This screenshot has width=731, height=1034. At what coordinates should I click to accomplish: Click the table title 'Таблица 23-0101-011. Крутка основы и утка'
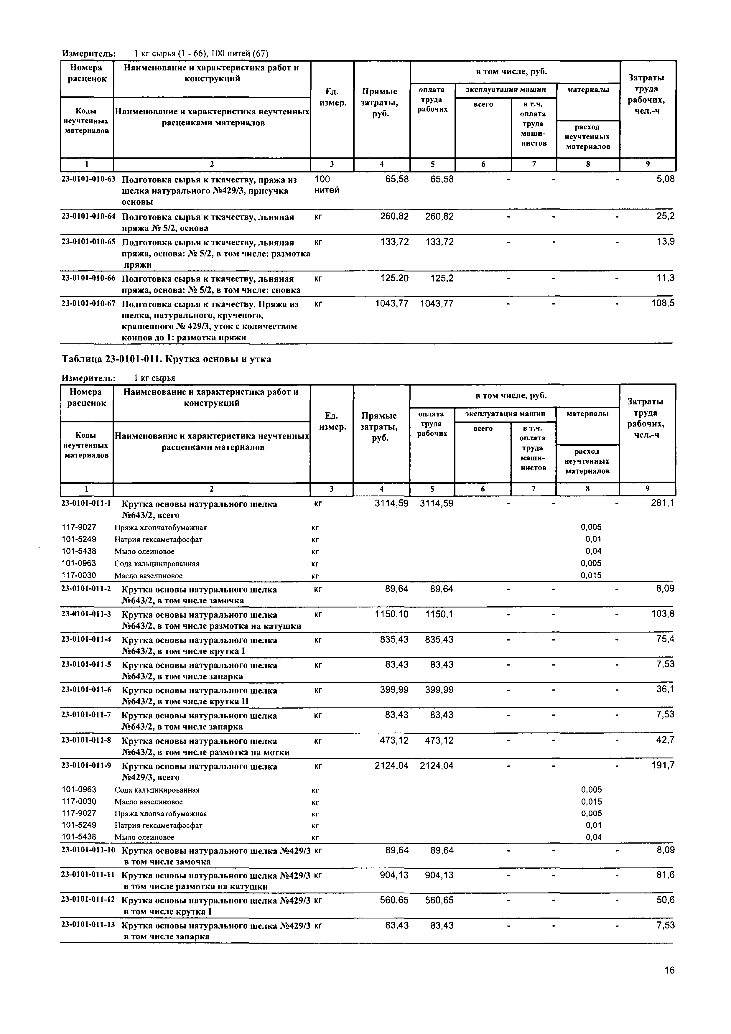tap(166, 359)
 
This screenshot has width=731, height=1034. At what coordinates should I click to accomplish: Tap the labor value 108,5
tap(663, 304)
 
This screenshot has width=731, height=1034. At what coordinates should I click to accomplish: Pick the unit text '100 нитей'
tap(327, 185)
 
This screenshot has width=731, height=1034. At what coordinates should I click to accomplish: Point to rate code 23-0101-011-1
tap(86, 503)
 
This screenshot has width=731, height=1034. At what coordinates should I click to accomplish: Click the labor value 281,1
tap(663, 503)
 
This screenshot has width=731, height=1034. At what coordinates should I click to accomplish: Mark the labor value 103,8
tap(663, 614)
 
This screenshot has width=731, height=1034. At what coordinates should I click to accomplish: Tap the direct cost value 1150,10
tap(391, 614)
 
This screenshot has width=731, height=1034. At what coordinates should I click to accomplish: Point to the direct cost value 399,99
tap(394, 690)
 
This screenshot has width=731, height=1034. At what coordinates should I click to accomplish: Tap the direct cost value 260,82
tap(394, 217)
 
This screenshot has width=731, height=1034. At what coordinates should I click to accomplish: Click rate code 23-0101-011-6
tap(86, 690)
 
